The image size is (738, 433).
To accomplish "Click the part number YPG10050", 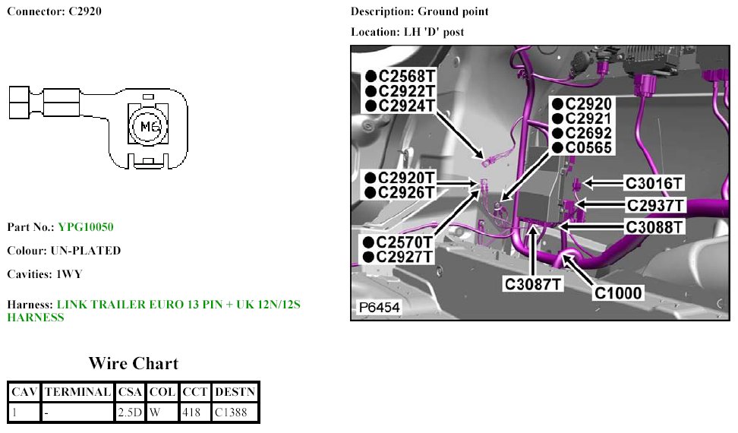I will (86, 227).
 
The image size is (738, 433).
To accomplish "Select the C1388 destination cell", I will (235, 412).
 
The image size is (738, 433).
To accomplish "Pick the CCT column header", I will (195, 392).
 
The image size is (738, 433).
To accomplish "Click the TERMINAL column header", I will (77, 392).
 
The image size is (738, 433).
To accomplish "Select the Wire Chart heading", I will (133, 363).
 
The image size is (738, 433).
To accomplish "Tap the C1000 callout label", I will (618, 292).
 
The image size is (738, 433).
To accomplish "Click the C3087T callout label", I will (535, 284).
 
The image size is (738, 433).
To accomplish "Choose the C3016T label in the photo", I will (654, 183).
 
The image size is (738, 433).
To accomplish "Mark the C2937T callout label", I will (655, 205).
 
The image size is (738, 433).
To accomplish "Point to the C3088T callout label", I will (654, 226).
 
